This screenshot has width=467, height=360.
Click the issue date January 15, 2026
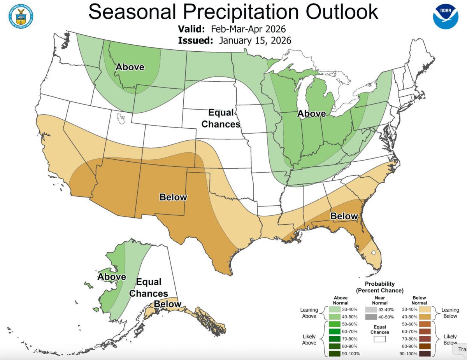255,40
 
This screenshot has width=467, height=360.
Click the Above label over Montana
130,67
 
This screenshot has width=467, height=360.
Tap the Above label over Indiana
311,114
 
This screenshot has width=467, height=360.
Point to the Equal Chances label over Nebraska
224,119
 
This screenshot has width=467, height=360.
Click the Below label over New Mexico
173,197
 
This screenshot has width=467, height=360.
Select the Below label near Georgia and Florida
344,216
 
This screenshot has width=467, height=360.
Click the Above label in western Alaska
112,277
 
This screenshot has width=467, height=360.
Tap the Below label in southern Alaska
167,304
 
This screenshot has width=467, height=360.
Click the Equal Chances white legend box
379,339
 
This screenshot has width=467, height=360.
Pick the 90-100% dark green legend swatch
334,353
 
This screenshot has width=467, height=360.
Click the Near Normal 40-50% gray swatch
371,317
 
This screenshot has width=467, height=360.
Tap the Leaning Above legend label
309,313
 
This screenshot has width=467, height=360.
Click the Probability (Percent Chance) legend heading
379,287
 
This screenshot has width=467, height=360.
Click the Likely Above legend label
309,339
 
